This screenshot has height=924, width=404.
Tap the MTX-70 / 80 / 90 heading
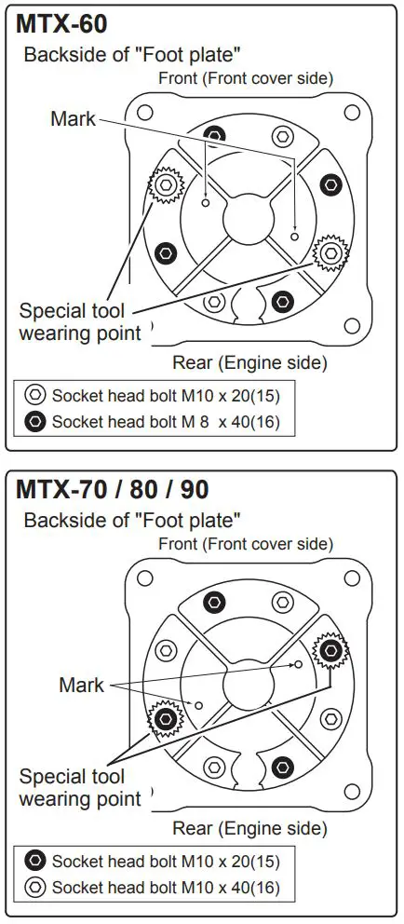tap(112, 489)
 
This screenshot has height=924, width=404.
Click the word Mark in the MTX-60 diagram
tap(74, 118)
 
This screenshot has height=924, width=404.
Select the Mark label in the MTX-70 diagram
tap(82, 685)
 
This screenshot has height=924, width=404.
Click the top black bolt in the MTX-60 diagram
tap(215, 134)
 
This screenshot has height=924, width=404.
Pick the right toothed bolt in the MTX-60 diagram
tap(330, 251)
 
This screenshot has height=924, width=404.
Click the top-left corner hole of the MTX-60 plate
tap(145, 113)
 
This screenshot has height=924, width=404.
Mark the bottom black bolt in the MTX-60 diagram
tap(282, 300)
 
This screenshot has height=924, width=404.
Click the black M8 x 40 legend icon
tap(34, 421)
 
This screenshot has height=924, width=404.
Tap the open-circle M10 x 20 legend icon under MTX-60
tap(34, 395)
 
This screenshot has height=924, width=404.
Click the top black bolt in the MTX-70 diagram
tap(215, 602)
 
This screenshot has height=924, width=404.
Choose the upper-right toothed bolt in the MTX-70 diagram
tap(330, 649)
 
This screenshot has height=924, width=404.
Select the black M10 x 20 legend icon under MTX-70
tap(34, 861)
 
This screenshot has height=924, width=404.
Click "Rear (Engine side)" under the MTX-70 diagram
tap(249, 827)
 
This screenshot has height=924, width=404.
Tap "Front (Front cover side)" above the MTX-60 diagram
tap(246, 78)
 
